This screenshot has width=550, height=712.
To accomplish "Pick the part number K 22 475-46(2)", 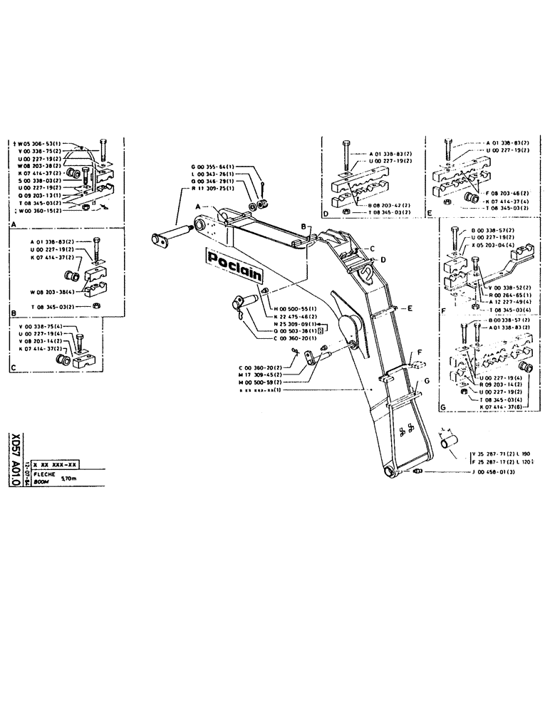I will coord(294,316).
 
